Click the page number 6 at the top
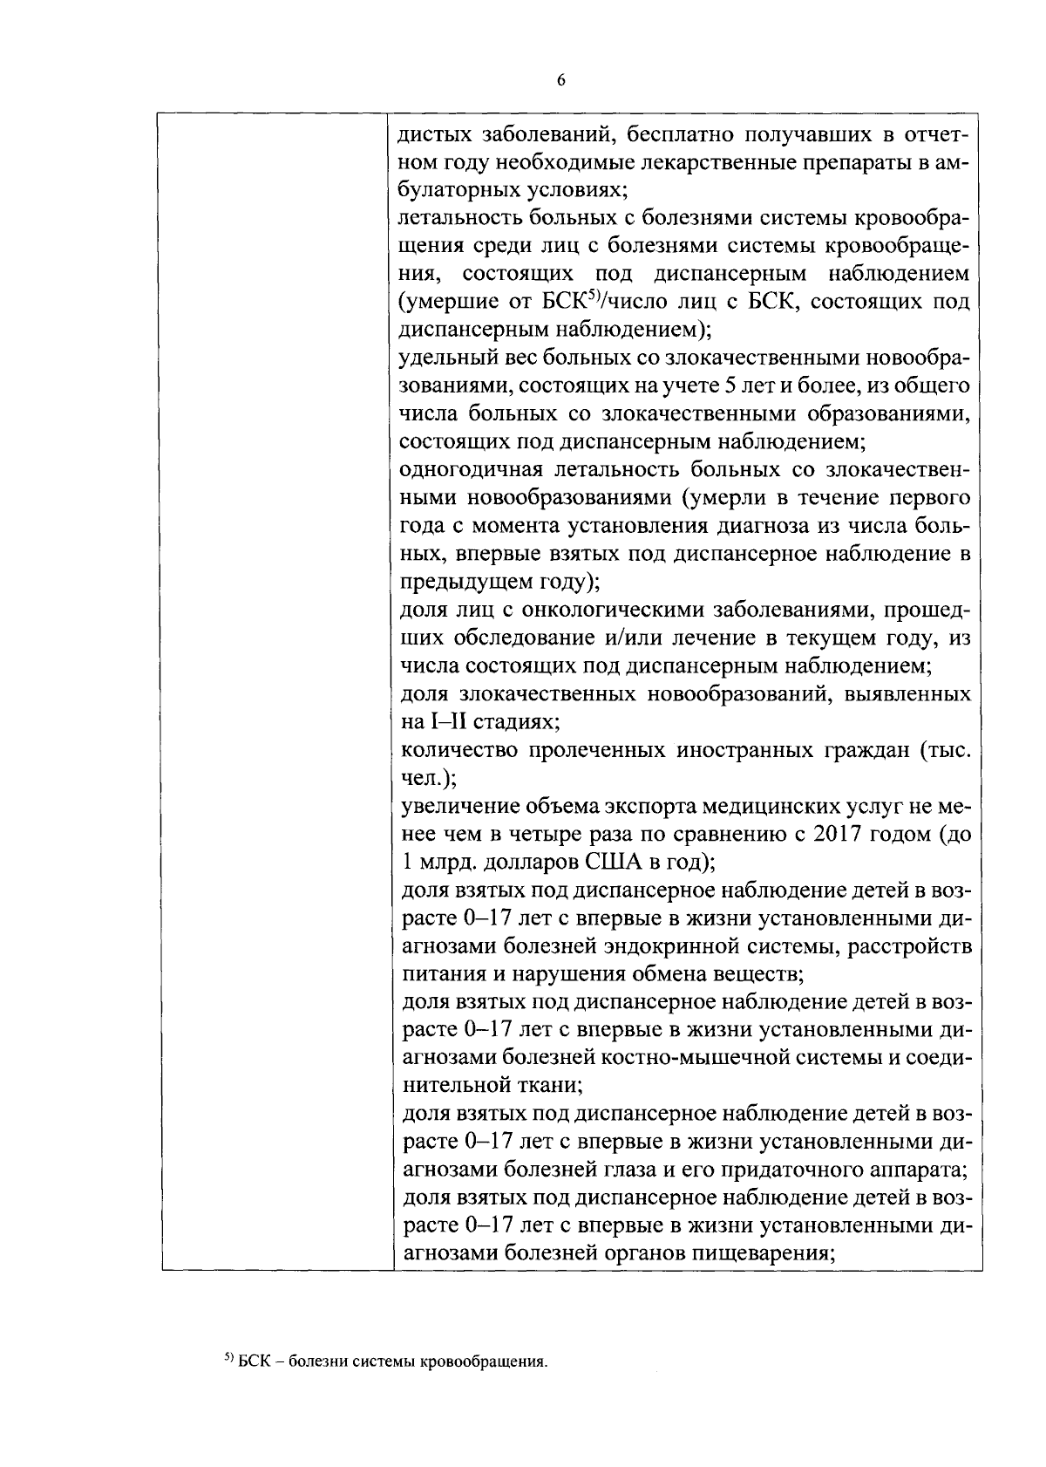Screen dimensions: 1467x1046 click(560, 80)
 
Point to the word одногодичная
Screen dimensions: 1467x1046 click(461, 470)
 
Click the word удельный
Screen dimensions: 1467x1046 click(441, 358)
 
